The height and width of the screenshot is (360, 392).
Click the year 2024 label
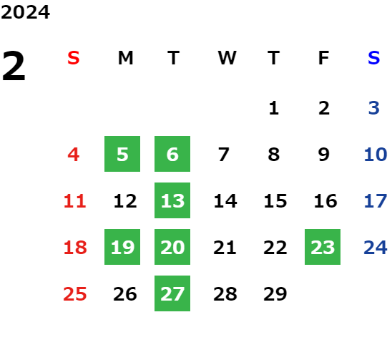click(25, 12)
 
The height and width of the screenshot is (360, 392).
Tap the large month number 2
click(14, 66)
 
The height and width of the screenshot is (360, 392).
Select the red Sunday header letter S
click(74, 58)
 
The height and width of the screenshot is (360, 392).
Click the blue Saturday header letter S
click(373, 58)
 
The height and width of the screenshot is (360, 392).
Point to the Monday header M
click(125, 58)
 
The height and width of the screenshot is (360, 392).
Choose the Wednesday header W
click(227, 58)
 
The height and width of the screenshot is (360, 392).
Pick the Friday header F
click(324, 58)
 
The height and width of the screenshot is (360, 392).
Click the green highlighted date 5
click(122, 154)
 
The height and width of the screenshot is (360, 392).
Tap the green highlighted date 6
click(172, 154)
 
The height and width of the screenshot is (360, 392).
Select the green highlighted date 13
click(172, 200)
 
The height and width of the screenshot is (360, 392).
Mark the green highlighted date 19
click(122, 247)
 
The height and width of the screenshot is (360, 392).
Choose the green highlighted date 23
click(323, 247)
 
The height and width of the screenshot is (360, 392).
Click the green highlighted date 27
click(172, 293)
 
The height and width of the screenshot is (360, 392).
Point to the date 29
click(275, 294)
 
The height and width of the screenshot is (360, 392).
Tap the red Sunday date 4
click(74, 155)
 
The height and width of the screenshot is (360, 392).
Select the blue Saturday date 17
click(376, 201)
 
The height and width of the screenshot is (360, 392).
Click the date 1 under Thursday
click(274, 108)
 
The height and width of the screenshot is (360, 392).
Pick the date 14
click(225, 201)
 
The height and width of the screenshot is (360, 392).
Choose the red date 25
click(74, 294)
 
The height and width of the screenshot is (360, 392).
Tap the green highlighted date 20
click(172, 247)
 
